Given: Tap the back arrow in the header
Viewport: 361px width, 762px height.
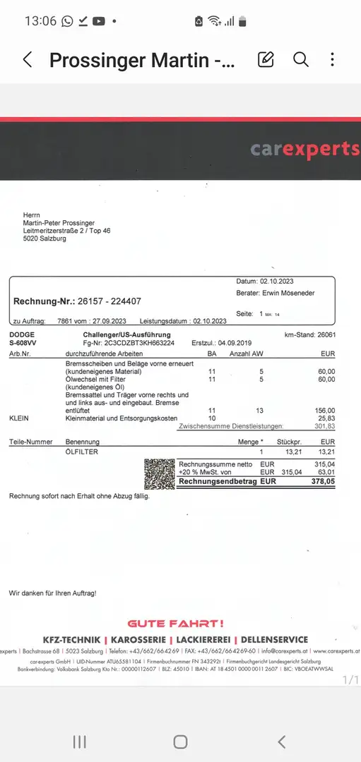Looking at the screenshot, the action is pyautogui.click(x=28, y=60).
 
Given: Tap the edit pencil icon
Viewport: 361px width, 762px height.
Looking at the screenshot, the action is pyautogui.click(x=266, y=60).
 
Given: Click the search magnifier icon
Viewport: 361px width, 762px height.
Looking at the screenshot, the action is pyautogui.click(x=301, y=60).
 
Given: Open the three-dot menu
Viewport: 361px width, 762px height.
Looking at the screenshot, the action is pyautogui.click(x=332, y=60).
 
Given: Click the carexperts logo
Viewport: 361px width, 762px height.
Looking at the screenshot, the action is pyautogui.click(x=304, y=149).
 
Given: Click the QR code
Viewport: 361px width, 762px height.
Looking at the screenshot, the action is pyautogui.click(x=159, y=473).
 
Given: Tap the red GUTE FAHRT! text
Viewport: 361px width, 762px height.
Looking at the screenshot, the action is pyautogui.click(x=175, y=623).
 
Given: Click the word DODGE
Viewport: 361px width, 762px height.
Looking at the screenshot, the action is pyautogui.click(x=23, y=334).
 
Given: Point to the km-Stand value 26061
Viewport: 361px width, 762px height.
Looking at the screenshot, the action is pyautogui.click(x=326, y=334).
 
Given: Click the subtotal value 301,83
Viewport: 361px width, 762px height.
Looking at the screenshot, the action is pyautogui.click(x=325, y=426).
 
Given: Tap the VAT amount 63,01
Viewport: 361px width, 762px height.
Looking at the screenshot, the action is pyautogui.click(x=326, y=472).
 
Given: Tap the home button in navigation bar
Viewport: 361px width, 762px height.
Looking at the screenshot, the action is pyautogui.click(x=180, y=742).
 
